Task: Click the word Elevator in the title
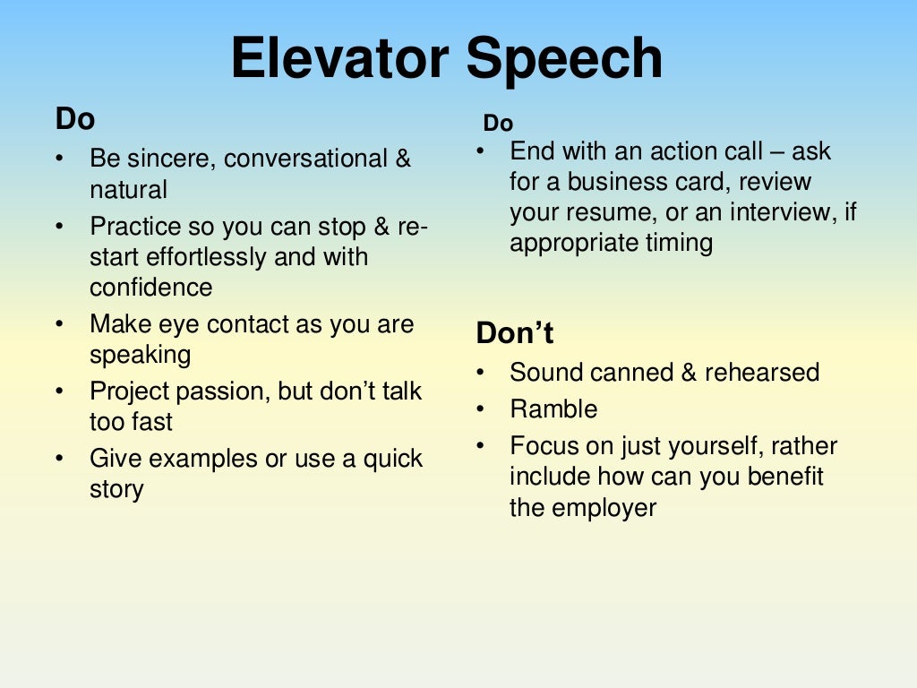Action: click(x=339, y=59)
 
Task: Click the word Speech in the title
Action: click(x=564, y=61)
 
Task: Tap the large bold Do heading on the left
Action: click(x=75, y=118)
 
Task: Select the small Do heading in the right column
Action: click(x=498, y=124)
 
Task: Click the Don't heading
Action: click(x=515, y=334)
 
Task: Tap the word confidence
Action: click(x=151, y=288)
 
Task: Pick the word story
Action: click(x=116, y=490)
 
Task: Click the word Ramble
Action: click(x=553, y=409)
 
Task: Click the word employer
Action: click(x=604, y=508)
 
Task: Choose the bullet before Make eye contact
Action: click(x=59, y=324)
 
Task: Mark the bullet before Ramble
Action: click(x=481, y=409)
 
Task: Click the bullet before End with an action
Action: click(x=481, y=151)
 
